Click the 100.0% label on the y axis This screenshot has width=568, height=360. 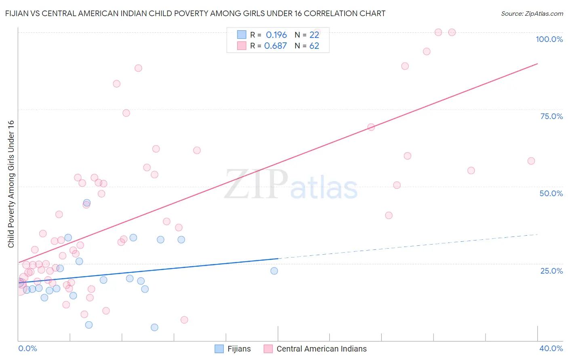549,39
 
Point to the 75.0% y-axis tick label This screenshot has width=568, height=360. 551,116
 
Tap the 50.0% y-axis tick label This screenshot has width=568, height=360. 551,193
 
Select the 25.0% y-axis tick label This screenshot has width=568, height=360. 551,271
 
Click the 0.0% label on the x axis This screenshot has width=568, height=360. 27,348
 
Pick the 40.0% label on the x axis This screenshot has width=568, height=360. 551,348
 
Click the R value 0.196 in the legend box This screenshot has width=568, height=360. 276,35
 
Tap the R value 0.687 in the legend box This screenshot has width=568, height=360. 276,46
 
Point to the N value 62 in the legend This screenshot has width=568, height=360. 314,46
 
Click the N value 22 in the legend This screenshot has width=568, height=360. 314,35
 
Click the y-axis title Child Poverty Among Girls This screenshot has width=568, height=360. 11,184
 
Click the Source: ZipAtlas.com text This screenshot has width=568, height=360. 532,14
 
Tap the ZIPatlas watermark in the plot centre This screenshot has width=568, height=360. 291,185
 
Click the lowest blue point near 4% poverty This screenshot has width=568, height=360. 154,327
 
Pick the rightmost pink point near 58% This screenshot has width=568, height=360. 531,161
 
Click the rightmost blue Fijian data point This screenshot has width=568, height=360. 274,271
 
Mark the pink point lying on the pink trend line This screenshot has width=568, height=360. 371,127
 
